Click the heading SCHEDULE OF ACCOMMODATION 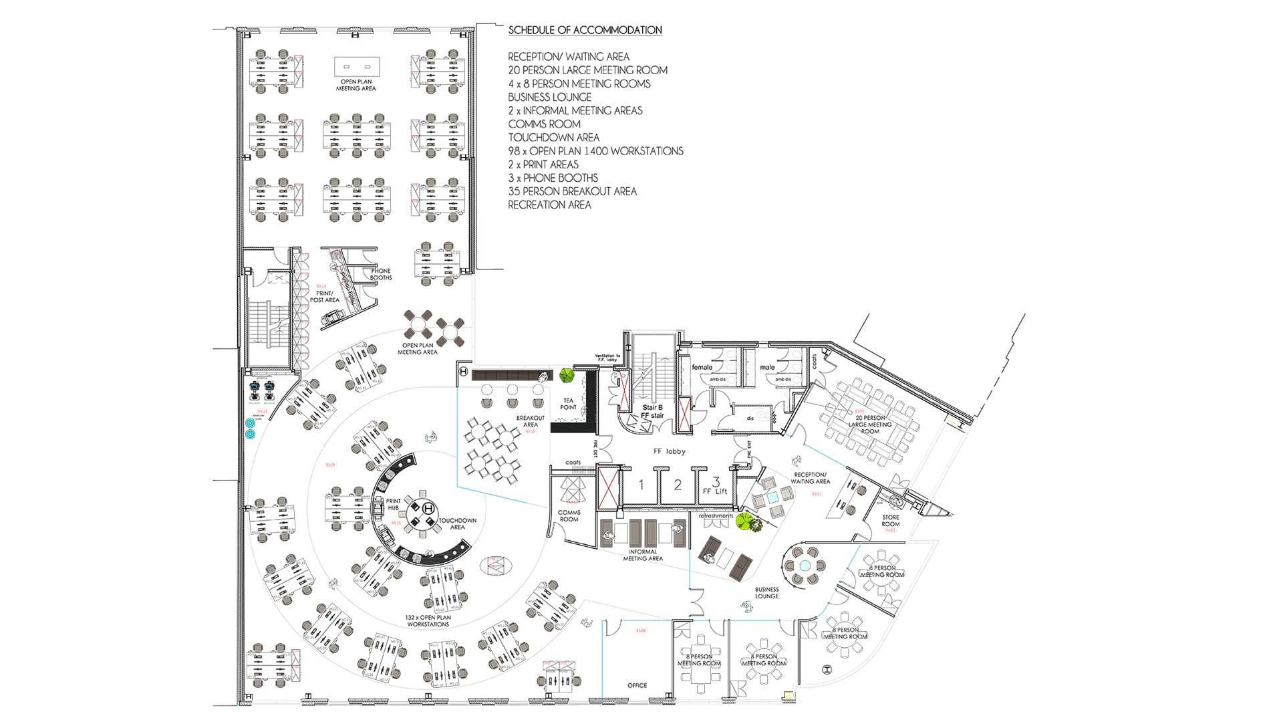tap(585, 30)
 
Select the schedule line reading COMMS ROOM tap(544, 124)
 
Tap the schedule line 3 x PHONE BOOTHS tap(553, 178)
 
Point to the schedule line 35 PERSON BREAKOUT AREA tap(572, 191)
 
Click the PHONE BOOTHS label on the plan tap(381, 274)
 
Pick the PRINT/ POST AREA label tap(324, 297)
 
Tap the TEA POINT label tap(568, 404)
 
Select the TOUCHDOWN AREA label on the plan tap(458, 523)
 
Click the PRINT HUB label tap(393, 504)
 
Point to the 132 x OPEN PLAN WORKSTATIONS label tap(428, 621)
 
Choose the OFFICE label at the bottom tap(637, 685)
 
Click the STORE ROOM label tap(890, 520)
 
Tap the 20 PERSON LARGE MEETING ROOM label tap(870, 425)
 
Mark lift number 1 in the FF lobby tap(641, 485)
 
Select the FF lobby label tap(670, 451)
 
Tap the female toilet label tap(702, 367)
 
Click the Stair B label tap(652, 407)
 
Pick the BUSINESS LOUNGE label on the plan tap(766, 593)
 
